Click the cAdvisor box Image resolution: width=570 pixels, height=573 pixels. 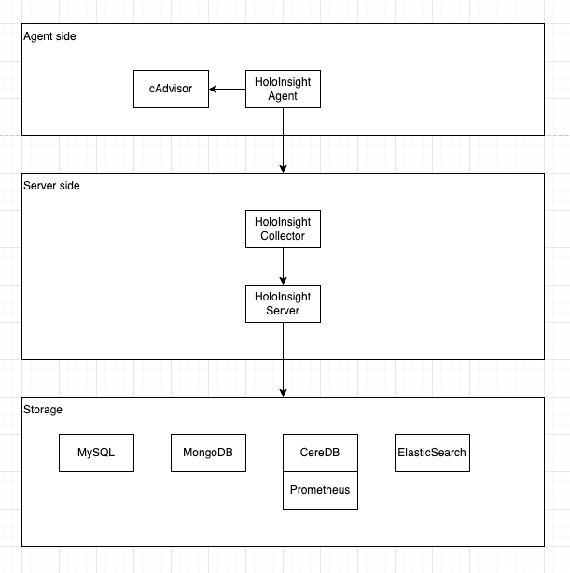tap(171, 89)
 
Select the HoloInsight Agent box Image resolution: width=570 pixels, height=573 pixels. tap(283, 89)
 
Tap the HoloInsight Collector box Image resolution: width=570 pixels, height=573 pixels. tap(283, 229)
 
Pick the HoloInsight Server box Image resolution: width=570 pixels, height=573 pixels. tap(283, 303)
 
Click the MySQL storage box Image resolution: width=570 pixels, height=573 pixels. tap(96, 453)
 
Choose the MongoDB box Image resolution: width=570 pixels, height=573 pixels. tap(208, 453)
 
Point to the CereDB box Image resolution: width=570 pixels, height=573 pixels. tap(320, 453)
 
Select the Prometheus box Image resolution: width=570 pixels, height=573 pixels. tap(320, 490)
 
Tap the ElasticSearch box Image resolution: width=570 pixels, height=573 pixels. tap(432, 453)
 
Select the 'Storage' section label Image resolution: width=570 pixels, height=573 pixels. tap(43, 409)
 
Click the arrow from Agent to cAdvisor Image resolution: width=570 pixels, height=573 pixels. tap(229, 89)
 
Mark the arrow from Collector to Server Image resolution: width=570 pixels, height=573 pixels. tap(283, 266)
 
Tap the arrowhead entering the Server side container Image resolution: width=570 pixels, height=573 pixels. tap(283, 168)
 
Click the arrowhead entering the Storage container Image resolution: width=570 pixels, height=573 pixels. tap(283, 392)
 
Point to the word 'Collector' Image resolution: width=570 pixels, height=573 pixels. tap(283, 236)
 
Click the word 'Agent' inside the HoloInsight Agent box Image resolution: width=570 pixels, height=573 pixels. tap(283, 96)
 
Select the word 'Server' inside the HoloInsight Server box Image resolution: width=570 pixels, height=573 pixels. tap(283, 311)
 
